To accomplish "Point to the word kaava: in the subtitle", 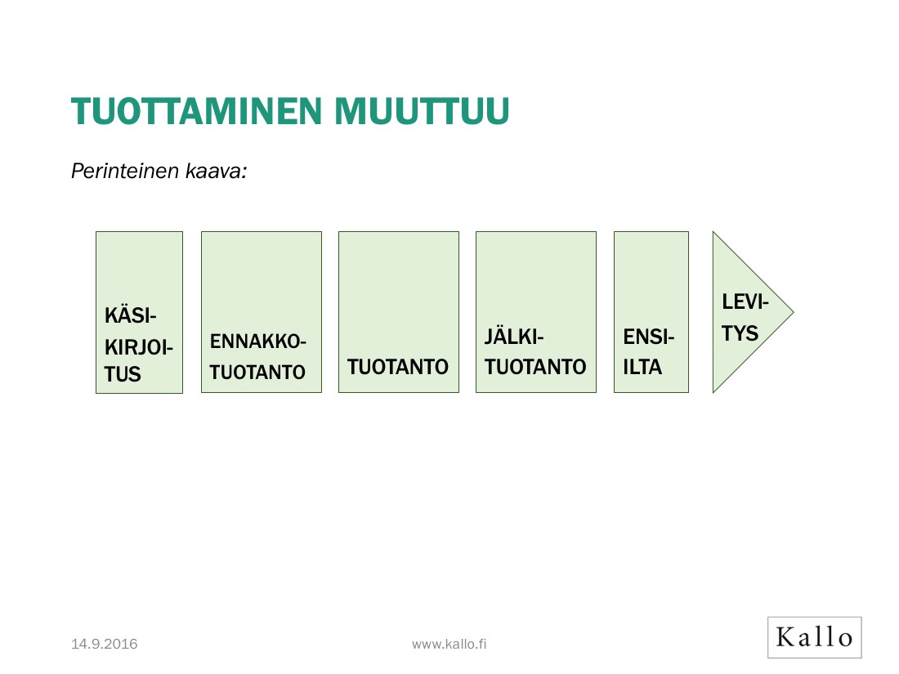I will point(218,172).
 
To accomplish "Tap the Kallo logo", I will point(814,637).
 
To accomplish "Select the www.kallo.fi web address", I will point(449,645).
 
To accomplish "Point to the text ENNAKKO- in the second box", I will point(258,341).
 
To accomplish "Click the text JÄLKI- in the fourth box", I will point(514,337).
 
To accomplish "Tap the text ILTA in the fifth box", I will point(642,368).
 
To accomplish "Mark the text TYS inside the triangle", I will point(740,333).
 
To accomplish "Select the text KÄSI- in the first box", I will point(131,315).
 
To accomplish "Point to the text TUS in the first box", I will point(123,374).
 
